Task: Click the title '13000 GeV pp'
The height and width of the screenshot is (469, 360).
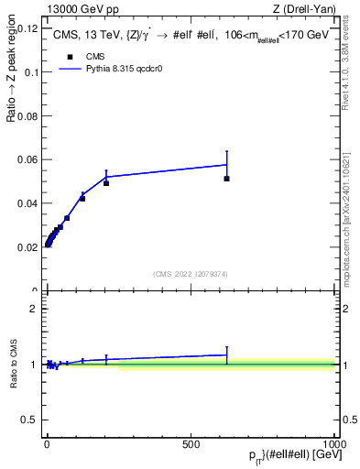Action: coord(77,9)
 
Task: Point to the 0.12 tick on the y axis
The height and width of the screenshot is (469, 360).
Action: coord(27,28)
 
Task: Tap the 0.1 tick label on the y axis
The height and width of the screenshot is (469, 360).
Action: coord(30,71)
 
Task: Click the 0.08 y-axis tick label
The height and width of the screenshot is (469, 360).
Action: coord(27,115)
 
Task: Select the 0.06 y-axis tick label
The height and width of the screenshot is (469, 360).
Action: coord(27,159)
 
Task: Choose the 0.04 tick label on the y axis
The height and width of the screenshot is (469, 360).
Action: coord(27,203)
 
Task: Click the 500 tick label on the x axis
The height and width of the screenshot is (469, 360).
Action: coord(191,442)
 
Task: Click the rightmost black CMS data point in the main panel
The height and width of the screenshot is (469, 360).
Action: coord(226,179)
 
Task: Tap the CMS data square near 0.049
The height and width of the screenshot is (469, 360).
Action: coord(106,183)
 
